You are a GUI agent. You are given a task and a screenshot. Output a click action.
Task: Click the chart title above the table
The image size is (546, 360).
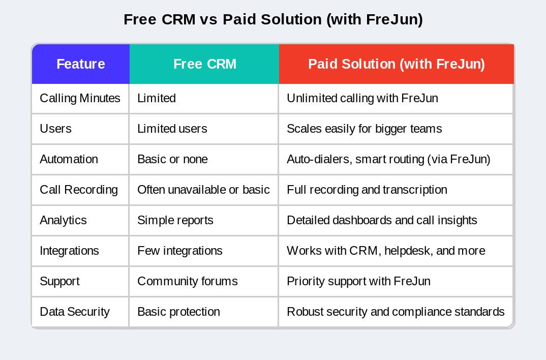point(273,19)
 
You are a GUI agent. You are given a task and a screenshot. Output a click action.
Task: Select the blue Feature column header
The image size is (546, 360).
point(80,64)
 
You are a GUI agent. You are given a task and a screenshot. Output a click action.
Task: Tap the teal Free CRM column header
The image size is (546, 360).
point(204,64)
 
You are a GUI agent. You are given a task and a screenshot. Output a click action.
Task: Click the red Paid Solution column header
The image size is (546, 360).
point(396,64)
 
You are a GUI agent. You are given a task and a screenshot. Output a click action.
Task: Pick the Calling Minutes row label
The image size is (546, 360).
point(80,98)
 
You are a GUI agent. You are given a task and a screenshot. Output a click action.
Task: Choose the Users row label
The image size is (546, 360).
point(55,129)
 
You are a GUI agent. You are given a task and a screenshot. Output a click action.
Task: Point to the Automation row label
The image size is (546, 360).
point(69,159)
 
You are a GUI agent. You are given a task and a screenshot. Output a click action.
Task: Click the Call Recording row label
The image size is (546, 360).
point(79,190)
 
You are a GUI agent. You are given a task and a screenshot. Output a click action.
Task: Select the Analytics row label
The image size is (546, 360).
point(63,220)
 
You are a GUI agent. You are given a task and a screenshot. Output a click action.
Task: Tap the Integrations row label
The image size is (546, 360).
point(69,251)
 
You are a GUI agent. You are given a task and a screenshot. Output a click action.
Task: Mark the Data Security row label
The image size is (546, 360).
point(75,312)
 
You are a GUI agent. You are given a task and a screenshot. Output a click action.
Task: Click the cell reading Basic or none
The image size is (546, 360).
point(172,159)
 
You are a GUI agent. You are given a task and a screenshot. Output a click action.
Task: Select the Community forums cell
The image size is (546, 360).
point(187,281)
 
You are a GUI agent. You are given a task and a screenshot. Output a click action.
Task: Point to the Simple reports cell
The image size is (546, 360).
point(175,220)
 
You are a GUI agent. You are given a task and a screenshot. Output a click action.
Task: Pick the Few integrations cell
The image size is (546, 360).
point(179,251)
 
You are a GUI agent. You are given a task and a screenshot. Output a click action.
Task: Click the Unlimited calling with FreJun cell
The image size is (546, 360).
point(362,98)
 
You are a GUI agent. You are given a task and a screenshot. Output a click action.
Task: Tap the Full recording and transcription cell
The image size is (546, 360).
point(367,190)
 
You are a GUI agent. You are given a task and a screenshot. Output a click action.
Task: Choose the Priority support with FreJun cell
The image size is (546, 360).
point(358,281)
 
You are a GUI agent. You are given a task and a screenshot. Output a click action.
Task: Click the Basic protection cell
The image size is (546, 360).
point(178,312)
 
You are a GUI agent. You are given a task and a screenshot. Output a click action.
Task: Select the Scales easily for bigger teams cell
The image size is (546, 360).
point(364,129)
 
